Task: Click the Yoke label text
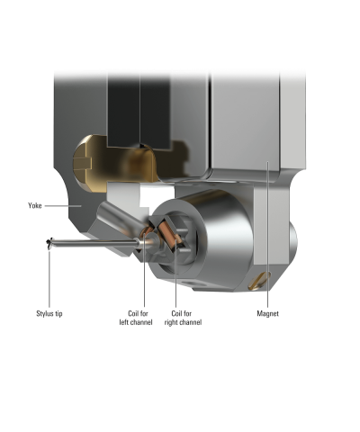34,206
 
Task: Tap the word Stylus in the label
45,313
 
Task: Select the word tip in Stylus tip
58,313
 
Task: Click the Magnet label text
267,313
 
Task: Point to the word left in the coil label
124,322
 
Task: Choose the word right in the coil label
171,322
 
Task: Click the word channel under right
191,322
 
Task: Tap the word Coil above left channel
134,313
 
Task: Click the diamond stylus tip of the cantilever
49,243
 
